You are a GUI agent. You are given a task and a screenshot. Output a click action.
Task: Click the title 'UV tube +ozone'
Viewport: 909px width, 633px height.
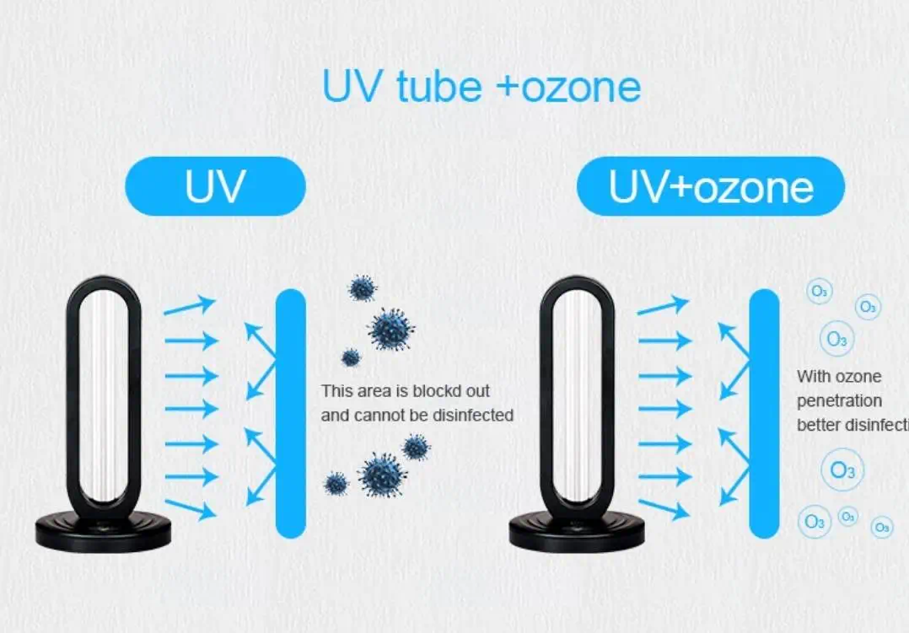click(481, 87)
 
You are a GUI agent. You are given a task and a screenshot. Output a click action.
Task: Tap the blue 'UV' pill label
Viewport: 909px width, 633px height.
click(215, 186)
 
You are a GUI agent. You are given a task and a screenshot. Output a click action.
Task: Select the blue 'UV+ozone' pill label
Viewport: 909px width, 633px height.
click(710, 186)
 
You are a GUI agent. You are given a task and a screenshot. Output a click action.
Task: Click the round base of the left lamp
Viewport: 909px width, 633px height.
click(103, 528)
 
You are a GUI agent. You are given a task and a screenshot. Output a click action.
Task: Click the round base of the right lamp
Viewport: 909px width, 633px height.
click(577, 529)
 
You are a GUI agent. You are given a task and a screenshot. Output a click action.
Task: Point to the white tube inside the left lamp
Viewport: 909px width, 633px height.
click(104, 396)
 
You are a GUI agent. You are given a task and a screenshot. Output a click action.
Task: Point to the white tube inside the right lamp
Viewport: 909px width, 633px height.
click(578, 396)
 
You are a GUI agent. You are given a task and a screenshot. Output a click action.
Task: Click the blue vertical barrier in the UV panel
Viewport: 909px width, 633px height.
click(290, 413)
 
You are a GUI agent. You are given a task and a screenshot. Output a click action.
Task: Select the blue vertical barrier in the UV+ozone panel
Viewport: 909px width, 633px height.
click(764, 413)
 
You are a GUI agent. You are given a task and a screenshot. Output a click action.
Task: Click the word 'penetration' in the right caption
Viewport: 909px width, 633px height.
click(839, 400)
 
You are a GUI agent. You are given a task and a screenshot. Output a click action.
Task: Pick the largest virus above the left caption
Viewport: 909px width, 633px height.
click(392, 328)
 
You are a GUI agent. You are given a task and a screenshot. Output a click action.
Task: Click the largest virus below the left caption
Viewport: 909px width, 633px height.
click(383, 475)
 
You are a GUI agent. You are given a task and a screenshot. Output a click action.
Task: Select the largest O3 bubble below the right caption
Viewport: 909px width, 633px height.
click(842, 470)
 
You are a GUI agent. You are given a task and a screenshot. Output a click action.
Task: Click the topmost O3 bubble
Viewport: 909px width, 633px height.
click(819, 292)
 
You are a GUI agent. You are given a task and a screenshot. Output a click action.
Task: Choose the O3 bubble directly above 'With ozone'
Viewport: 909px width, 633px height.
click(836, 339)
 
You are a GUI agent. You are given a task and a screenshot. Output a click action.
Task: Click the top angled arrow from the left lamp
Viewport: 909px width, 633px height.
click(190, 306)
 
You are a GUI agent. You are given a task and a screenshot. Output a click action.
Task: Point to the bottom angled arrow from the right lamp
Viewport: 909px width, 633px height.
click(664, 508)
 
